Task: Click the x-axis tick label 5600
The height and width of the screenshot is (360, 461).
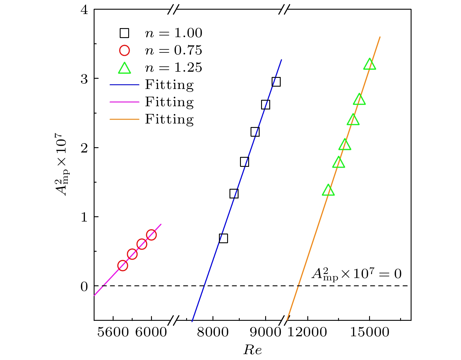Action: (113, 332)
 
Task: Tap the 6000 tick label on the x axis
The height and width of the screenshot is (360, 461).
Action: (151, 332)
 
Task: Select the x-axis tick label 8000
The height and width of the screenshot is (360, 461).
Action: (213, 332)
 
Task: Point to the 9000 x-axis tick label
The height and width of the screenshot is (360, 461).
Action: (265, 332)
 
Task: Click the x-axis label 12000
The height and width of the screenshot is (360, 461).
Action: (307, 332)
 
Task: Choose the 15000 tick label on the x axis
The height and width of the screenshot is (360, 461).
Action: (369, 332)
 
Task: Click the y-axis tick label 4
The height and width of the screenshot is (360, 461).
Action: (84, 10)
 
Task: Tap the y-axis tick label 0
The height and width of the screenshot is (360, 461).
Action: (84, 286)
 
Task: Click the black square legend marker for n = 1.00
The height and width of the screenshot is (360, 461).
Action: (124, 33)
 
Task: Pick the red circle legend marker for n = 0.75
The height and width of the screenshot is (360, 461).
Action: (124, 50)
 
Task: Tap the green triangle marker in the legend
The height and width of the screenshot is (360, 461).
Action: (124, 68)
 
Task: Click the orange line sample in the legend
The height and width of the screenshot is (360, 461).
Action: (124, 119)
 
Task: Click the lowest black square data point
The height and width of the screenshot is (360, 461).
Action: (223, 238)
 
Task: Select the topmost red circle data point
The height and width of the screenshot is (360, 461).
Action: (151, 235)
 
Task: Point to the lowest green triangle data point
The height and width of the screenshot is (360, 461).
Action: (328, 190)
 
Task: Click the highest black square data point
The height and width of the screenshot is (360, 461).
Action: (276, 82)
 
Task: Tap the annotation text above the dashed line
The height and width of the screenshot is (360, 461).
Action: (356, 274)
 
